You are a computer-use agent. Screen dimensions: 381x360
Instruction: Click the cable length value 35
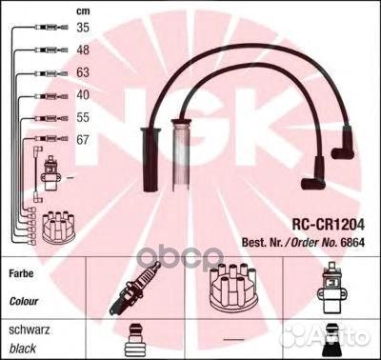(84, 29)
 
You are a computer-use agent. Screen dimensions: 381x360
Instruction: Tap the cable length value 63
(84, 73)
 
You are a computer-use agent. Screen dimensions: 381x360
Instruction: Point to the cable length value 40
(84, 96)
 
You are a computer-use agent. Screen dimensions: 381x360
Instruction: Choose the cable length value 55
(84, 118)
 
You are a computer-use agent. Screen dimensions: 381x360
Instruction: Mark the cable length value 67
(84, 140)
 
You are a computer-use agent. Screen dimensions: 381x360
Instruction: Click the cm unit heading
(83, 10)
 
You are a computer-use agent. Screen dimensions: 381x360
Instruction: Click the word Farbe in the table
(25, 271)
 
